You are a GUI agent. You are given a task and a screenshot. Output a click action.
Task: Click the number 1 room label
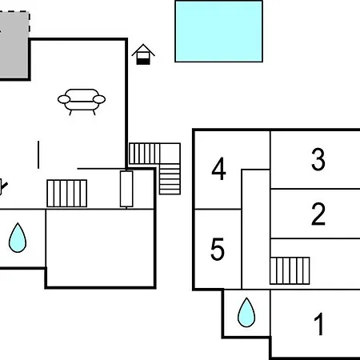(x=319, y=324)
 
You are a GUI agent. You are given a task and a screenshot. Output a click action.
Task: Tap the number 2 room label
(x=318, y=214)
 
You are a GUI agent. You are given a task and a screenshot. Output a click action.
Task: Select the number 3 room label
(x=318, y=159)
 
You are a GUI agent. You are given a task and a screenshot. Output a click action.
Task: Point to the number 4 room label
(x=218, y=169)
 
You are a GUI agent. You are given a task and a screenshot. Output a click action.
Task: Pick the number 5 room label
(x=218, y=249)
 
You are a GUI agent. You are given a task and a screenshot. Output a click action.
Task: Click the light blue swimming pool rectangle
(x=218, y=31)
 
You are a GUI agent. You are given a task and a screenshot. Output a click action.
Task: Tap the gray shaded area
(x=14, y=46)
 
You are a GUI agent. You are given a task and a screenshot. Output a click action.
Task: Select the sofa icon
(x=82, y=102)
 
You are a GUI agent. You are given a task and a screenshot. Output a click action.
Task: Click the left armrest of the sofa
(x=64, y=99)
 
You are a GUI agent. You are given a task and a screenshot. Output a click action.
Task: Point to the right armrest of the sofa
(x=99, y=99)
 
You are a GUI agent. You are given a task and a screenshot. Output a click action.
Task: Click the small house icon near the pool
(x=143, y=54)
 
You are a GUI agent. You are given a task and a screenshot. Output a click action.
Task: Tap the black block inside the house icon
(x=143, y=62)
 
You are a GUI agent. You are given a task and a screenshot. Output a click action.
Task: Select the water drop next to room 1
(x=246, y=313)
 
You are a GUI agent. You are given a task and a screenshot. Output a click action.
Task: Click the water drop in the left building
(x=18, y=238)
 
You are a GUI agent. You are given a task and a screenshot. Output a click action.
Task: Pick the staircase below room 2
(x=290, y=270)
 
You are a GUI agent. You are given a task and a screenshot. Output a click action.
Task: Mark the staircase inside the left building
(x=67, y=194)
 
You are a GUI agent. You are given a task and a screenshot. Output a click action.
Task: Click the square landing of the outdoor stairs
(x=170, y=154)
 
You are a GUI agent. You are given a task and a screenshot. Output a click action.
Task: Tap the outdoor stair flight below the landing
(x=170, y=179)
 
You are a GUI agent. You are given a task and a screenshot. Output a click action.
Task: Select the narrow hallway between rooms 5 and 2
(x=256, y=230)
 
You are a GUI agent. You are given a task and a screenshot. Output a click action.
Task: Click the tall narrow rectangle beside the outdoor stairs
(x=126, y=189)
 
